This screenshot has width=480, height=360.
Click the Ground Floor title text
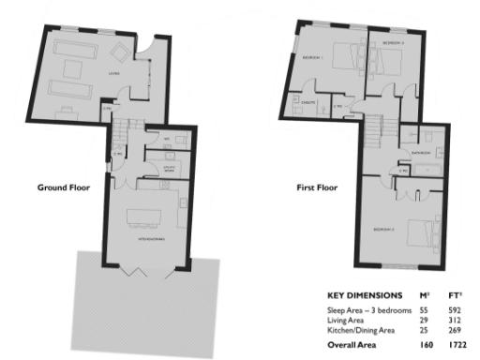[63, 187]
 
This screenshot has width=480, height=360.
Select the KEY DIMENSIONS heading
[365, 292]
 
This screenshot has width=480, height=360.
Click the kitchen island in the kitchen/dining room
[145, 213]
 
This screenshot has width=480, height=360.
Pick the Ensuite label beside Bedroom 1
[306, 103]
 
